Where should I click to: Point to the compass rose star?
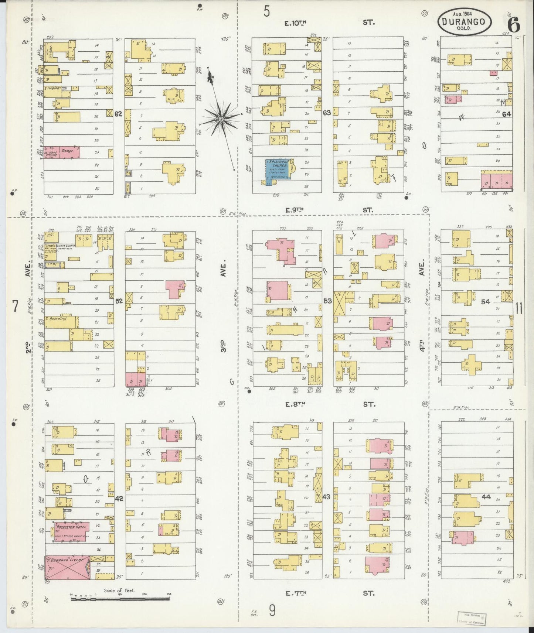coord(221,119)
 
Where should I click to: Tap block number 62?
coord(118,114)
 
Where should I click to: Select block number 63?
coord(327,113)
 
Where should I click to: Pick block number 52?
coord(119,301)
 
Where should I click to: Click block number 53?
coord(327,301)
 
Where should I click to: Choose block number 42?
coord(119,499)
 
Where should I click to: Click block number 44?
coord(486,497)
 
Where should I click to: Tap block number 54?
coord(485,302)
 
